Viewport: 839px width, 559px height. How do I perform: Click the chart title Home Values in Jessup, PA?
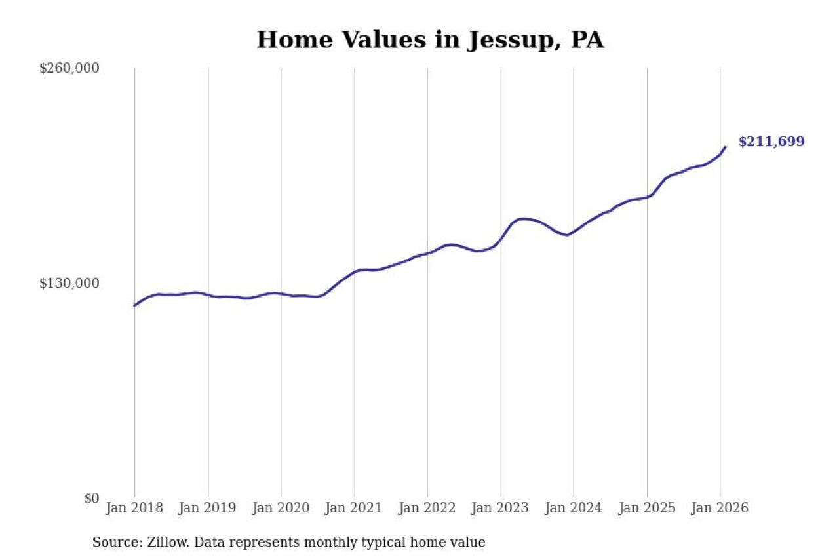pos(430,40)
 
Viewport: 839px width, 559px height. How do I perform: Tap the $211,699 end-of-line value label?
pos(771,142)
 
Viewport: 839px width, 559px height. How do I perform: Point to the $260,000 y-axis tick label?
pos(69,68)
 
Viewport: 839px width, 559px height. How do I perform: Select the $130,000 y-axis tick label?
pos(69,283)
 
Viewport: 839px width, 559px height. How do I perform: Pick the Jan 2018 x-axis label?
pos(134,508)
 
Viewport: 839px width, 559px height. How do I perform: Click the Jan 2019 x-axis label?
pos(208,508)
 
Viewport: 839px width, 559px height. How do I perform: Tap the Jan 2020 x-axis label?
pos(281,508)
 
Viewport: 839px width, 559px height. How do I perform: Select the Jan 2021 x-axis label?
pos(355,508)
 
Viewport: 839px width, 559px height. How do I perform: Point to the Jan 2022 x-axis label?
pos(427,508)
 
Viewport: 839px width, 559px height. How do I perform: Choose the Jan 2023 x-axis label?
pos(501,508)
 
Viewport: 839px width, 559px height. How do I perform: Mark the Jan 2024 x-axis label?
pos(574,508)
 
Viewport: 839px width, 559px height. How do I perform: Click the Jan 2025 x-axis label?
pos(647,508)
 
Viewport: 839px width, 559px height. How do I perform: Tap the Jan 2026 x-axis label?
pos(720,508)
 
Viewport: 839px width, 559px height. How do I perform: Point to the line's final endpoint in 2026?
pos(726,147)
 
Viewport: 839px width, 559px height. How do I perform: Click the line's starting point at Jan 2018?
pos(134,305)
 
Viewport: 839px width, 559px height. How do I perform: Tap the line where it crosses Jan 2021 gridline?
pos(355,271)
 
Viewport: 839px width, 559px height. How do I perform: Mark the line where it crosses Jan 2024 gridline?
pos(574,231)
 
